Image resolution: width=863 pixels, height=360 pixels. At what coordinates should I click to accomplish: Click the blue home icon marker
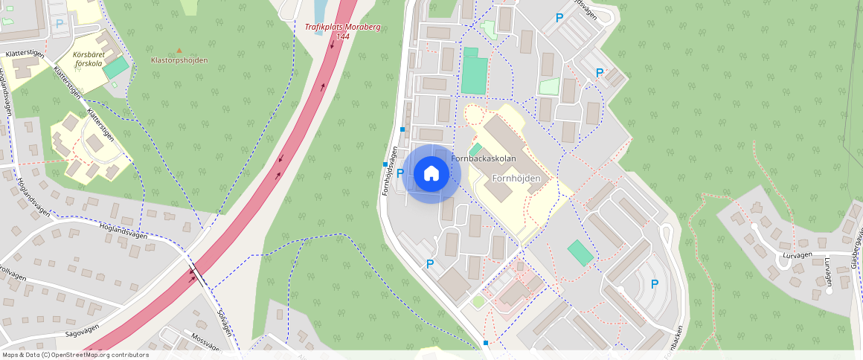click(x=431, y=174)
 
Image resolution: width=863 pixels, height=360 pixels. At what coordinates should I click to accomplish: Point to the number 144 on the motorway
click(x=342, y=36)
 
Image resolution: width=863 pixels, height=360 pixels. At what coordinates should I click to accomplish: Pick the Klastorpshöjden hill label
click(x=179, y=60)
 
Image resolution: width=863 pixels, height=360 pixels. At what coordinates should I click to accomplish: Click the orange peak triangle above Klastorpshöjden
click(x=179, y=51)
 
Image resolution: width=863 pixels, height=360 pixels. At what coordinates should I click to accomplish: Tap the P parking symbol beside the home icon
click(x=400, y=173)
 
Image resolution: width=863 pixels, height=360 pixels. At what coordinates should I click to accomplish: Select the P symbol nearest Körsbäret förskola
click(x=60, y=24)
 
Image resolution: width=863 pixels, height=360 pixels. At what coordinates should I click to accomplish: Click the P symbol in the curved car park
click(x=655, y=283)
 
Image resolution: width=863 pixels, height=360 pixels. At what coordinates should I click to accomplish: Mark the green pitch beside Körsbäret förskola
click(x=115, y=68)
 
